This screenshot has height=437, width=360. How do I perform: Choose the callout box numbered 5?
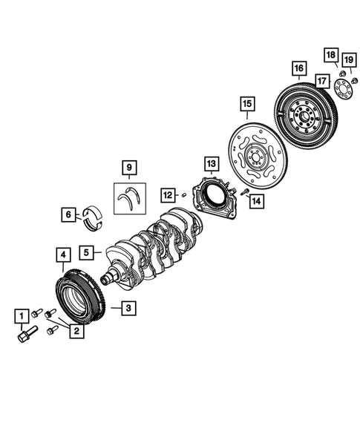(88, 253)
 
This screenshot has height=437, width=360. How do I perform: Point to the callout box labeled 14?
(255, 200)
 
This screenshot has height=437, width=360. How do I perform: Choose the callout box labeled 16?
(299, 70)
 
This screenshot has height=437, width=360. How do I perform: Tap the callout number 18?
(330, 55)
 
